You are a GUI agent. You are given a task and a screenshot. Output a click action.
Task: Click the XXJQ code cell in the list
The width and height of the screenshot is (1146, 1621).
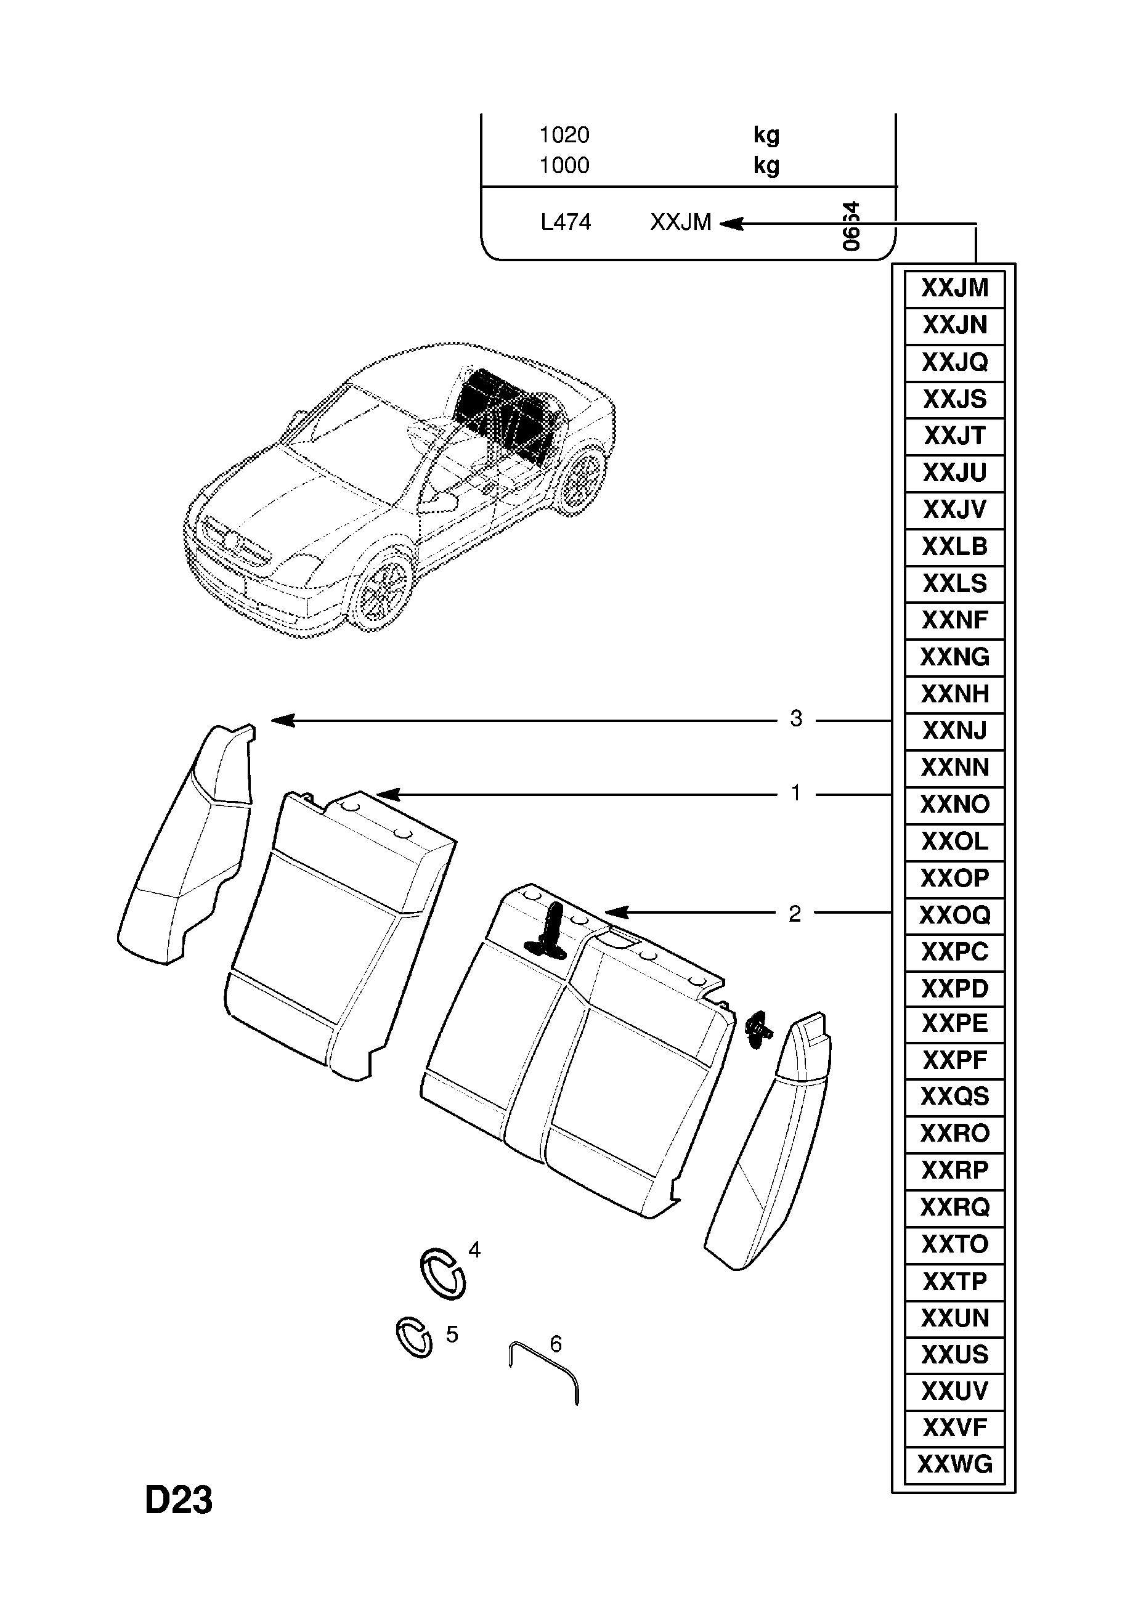(954, 362)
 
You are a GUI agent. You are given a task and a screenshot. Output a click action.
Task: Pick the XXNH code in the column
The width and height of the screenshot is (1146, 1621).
(954, 694)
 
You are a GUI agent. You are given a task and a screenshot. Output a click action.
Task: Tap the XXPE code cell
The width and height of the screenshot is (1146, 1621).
(954, 1023)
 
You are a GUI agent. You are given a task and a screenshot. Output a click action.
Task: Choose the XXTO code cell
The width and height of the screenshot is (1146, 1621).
(954, 1244)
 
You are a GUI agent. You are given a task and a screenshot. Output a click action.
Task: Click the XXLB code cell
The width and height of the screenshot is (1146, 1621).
(954, 546)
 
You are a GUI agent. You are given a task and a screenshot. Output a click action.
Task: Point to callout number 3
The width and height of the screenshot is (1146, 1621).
(796, 719)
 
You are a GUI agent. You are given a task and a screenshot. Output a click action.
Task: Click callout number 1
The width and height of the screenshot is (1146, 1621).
(796, 793)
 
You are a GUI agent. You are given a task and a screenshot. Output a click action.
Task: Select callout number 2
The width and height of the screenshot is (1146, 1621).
(795, 914)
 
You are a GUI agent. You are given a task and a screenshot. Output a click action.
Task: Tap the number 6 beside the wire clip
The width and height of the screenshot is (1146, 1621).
(556, 1344)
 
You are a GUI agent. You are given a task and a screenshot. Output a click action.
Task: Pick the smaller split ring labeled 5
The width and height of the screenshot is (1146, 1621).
(414, 1337)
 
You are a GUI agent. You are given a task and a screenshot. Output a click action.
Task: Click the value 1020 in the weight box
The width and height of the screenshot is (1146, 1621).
(564, 135)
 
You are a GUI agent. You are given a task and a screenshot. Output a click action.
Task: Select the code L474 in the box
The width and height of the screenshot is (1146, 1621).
(566, 222)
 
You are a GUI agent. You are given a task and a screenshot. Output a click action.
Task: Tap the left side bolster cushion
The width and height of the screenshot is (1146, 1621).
(185, 847)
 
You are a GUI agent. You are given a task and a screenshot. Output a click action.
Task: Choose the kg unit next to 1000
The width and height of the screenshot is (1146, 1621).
(766, 165)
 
